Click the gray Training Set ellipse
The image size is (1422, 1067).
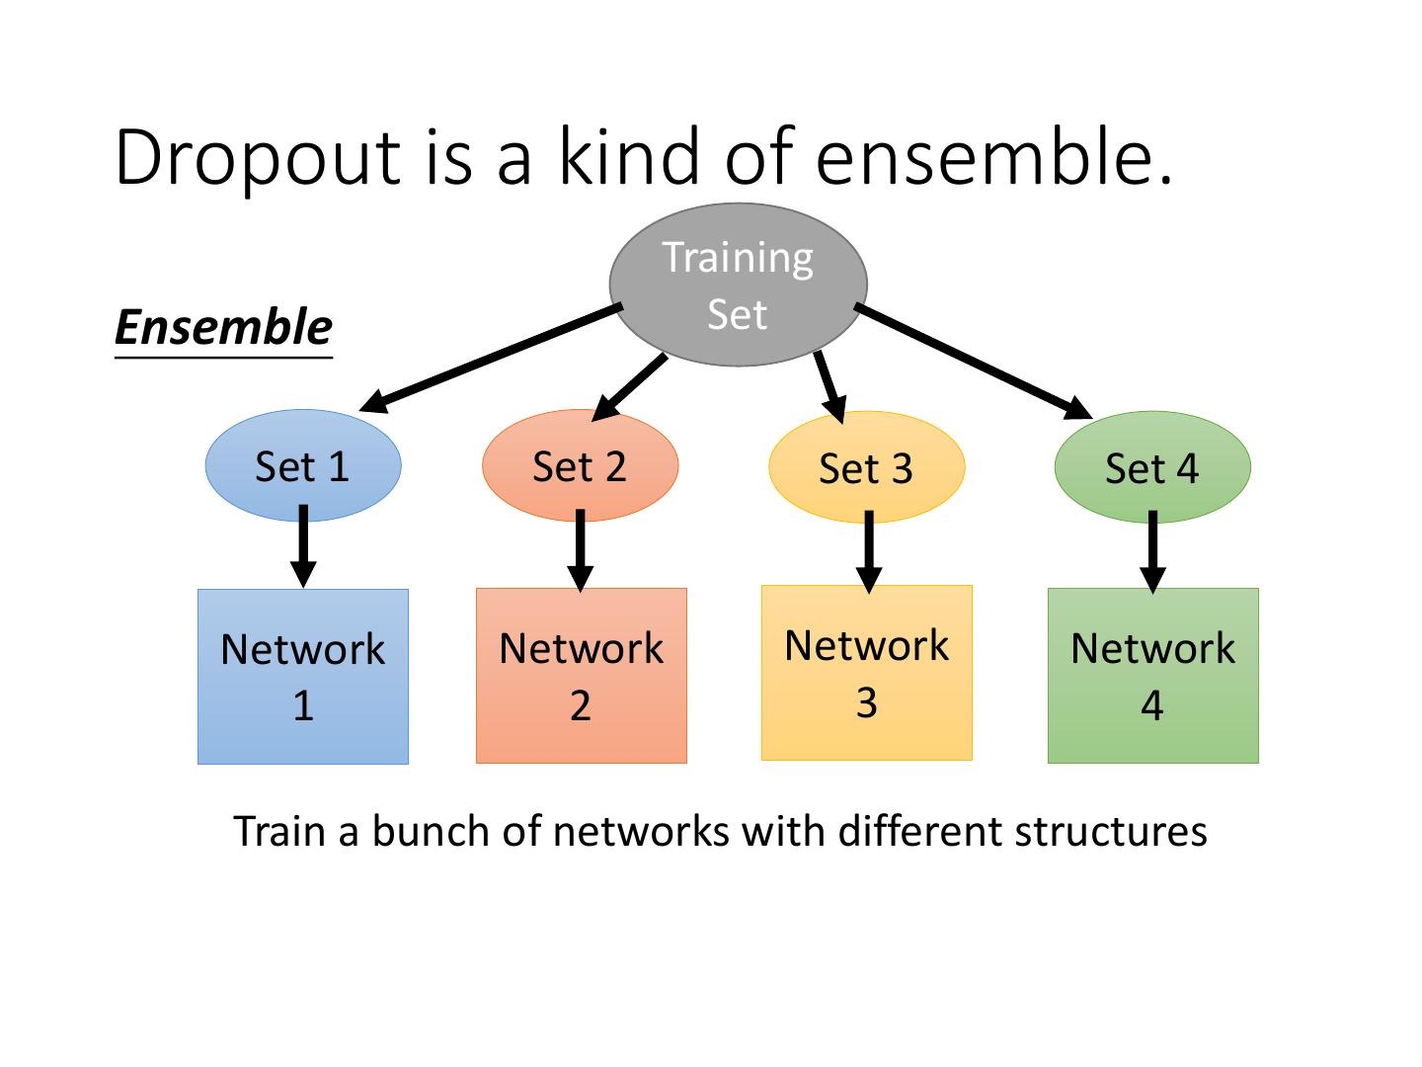(738, 286)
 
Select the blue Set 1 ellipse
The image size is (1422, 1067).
(303, 465)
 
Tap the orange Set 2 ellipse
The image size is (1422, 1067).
(581, 465)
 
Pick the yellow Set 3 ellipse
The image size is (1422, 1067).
(867, 467)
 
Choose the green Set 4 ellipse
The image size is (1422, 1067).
(1152, 467)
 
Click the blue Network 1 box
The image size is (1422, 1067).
(303, 677)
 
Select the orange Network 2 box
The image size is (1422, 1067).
(581, 676)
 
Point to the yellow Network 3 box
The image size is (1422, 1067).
(867, 673)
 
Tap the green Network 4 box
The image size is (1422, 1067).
(1153, 676)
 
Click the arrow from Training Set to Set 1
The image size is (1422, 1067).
(491, 359)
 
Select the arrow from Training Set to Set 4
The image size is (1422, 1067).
(974, 362)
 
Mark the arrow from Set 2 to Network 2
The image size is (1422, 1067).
(581, 550)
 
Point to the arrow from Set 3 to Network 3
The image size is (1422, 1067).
(869, 552)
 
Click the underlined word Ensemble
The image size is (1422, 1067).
(223, 328)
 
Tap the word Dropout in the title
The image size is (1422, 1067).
(258, 158)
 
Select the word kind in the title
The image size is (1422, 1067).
(628, 155)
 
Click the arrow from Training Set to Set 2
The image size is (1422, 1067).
(629, 387)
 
